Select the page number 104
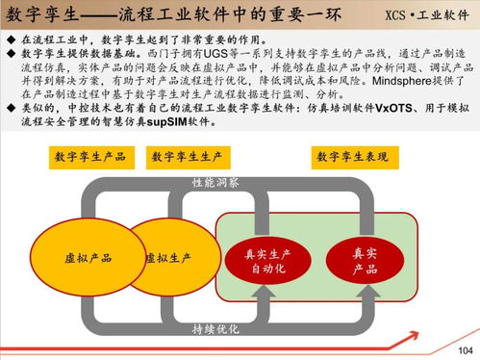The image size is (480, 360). tap(466, 349)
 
